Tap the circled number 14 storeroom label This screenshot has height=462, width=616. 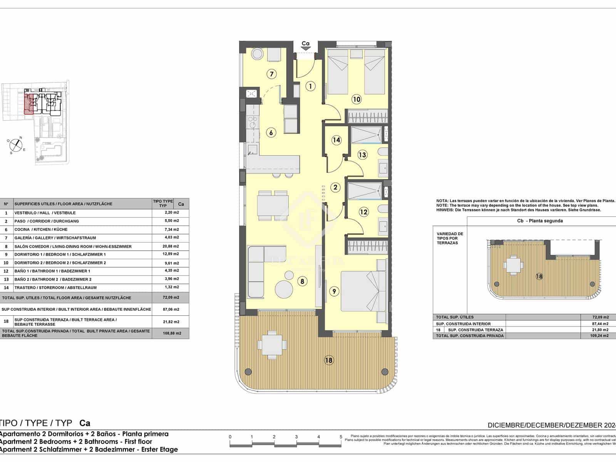336,140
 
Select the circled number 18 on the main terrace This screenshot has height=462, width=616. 328,360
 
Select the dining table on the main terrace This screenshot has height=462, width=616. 272,343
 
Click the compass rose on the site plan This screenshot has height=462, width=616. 15,144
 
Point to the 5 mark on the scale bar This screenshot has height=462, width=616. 341,437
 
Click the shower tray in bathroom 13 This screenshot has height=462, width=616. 366,135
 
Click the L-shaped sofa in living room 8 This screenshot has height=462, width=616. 258,269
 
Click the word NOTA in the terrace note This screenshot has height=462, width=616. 442,201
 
